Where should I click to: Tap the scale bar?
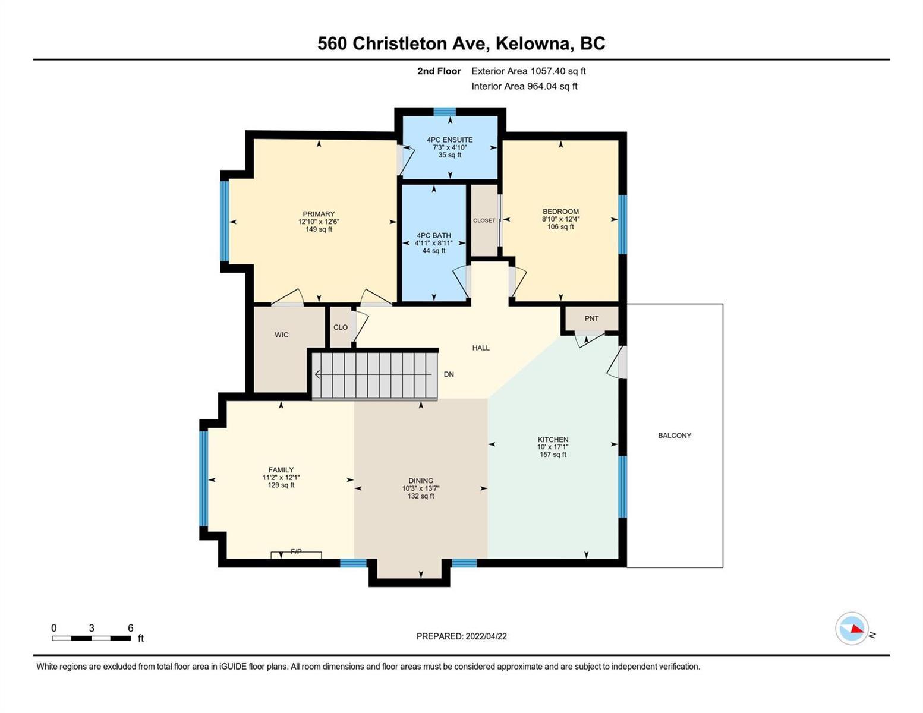[92, 638]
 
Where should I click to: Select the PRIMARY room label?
[319, 213]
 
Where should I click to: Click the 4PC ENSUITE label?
[450, 140]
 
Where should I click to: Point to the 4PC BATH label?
[434, 235]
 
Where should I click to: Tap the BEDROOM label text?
[560, 212]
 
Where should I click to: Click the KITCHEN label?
[553, 440]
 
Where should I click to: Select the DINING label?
[421, 481]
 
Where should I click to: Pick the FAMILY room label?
[281, 469]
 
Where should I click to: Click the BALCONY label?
[675, 436]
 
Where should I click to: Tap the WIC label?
[282, 335]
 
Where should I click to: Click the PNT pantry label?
[592, 318]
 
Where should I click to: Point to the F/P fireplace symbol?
[296, 554]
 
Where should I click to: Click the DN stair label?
[449, 374]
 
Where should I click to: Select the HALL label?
[481, 348]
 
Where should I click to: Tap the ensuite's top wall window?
[445, 112]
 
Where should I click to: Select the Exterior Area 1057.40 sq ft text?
[528, 71]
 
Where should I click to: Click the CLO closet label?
[341, 327]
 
